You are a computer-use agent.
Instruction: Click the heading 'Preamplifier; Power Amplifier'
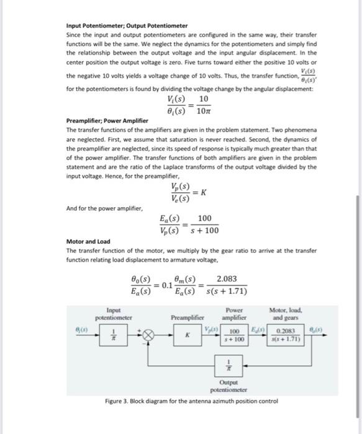click(x=107, y=120)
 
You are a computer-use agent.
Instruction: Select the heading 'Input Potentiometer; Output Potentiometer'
click(x=127, y=25)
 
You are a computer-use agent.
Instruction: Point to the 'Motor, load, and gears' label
click(x=286, y=313)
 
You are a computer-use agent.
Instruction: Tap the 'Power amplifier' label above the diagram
click(x=234, y=313)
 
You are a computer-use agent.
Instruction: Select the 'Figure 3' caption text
click(x=192, y=401)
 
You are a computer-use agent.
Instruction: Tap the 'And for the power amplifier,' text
click(x=104, y=208)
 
